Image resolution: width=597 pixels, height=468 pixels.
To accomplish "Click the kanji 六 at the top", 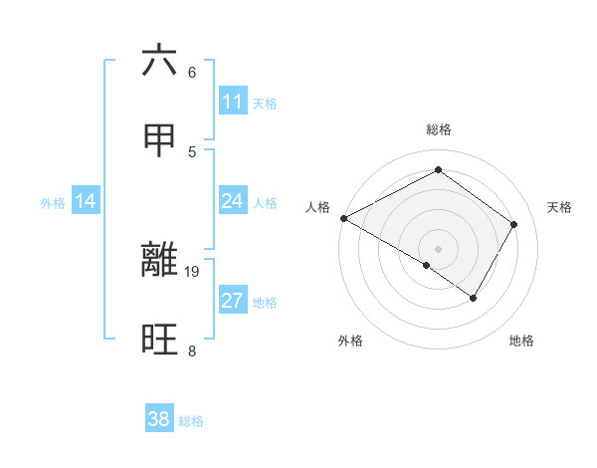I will pyautogui.click(x=160, y=61).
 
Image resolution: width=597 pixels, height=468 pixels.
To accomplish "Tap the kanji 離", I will pyautogui.click(x=160, y=260).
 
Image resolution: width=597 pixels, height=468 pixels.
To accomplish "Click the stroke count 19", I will pyautogui.click(x=192, y=271).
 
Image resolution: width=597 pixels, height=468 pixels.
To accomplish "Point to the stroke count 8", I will pyautogui.click(x=191, y=351).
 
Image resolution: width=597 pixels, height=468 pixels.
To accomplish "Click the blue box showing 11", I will pyautogui.click(x=233, y=102).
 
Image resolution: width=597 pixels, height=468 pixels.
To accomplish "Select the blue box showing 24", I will pyautogui.click(x=233, y=201).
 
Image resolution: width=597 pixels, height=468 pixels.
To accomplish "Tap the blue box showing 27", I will pyautogui.click(x=233, y=301).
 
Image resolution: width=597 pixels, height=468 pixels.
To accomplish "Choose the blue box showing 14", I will pyautogui.click(x=86, y=201).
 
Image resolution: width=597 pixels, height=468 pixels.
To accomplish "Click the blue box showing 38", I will pyautogui.click(x=159, y=419).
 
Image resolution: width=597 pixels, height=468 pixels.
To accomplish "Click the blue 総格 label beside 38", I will pyautogui.click(x=191, y=421).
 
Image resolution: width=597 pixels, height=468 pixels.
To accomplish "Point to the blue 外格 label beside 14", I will pyautogui.click(x=53, y=203).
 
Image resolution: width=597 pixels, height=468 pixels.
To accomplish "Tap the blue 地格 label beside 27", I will pyautogui.click(x=265, y=303).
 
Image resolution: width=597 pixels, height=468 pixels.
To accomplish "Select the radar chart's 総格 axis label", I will pyautogui.click(x=438, y=129).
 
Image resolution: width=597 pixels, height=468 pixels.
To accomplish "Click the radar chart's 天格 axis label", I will pyautogui.click(x=559, y=207).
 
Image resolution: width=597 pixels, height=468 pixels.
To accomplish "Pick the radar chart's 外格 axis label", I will pyautogui.click(x=350, y=341).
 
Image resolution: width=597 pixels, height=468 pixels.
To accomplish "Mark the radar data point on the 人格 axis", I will pyautogui.click(x=343, y=218).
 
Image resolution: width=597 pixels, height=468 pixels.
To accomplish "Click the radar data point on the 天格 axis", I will pyautogui.click(x=513, y=224).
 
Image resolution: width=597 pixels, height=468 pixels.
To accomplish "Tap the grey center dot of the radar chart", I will pyautogui.click(x=438, y=248).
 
